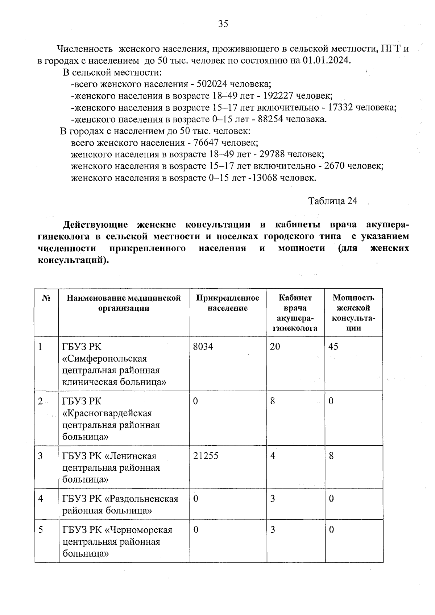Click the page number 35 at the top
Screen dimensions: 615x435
click(x=223, y=24)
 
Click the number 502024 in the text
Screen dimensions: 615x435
click(x=212, y=84)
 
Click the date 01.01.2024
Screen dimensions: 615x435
click(x=326, y=60)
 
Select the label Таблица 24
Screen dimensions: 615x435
click(x=332, y=201)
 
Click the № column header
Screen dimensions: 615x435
click(x=46, y=298)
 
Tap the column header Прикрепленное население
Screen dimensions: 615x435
click(x=228, y=303)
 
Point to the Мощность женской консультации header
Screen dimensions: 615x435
click(x=353, y=313)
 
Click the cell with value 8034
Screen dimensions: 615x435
click(x=203, y=347)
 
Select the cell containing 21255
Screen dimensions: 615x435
click(x=206, y=456)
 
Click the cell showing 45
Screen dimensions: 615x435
click(x=333, y=347)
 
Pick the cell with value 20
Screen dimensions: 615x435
click(x=275, y=347)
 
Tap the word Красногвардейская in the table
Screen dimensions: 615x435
click(x=107, y=413)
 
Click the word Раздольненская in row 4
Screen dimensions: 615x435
click(x=142, y=499)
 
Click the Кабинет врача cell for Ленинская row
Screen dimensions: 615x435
click(x=273, y=456)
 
